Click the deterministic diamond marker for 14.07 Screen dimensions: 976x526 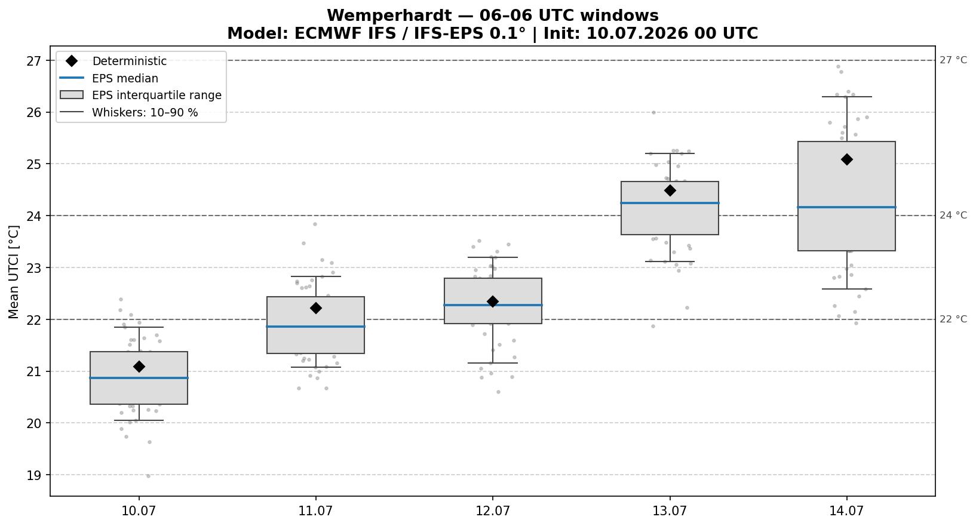coord(846,159)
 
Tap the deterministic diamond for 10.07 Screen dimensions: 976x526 coord(139,367)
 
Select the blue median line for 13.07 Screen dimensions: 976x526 coord(670,203)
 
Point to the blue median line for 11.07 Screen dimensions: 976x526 coord(315,326)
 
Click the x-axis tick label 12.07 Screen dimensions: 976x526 coord(493,510)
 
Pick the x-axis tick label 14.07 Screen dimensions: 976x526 coord(846,510)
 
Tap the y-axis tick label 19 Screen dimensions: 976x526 coord(33,475)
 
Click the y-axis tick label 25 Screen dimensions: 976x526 coord(33,164)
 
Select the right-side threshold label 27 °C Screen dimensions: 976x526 coord(953,60)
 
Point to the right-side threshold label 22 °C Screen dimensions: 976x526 coord(953,319)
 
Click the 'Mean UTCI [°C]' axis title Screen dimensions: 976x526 coord(14,272)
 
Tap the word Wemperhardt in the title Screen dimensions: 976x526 coord(389,16)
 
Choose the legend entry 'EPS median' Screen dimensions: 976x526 coord(125,78)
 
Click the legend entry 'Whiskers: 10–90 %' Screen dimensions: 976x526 coord(145,113)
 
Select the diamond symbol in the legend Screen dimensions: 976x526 coord(72,61)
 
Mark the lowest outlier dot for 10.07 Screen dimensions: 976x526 coord(148,476)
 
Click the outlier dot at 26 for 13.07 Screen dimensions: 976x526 coord(653,112)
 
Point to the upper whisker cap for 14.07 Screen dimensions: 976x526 coord(846,97)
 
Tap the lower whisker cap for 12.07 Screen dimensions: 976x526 coord(493,363)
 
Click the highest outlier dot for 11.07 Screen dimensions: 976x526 coord(315,224)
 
